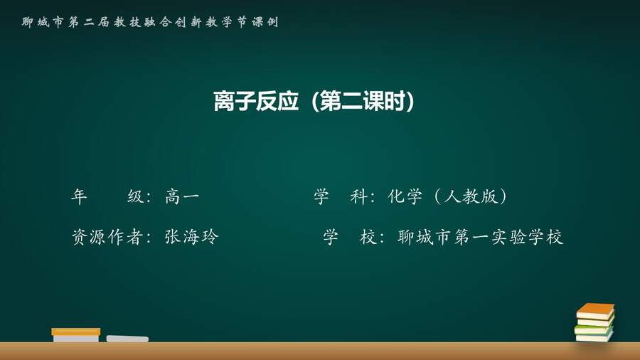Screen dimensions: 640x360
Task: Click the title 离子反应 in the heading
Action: pyautogui.click(x=256, y=101)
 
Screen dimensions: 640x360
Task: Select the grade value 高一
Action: pyautogui.click(x=182, y=197)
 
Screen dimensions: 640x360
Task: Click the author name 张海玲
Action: pyautogui.click(x=191, y=237)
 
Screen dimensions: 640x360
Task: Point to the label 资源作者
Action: pyautogui.click(x=107, y=237)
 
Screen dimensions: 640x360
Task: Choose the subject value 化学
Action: pyautogui.click(x=405, y=197)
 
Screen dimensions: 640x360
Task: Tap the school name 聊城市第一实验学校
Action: pyautogui.click(x=481, y=237)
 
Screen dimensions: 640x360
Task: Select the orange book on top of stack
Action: pyautogui.click(x=595, y=312)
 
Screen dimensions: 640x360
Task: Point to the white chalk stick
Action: pyautogui.click(x=127, y=339)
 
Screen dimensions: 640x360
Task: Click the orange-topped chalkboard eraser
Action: pyautogui.click(x=76, y=334)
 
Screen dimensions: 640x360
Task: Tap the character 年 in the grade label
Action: pyautogui.click(x=79, y=197)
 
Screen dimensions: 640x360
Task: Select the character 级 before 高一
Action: pyautogui.click(x=135, y=197)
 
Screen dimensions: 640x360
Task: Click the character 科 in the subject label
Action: pyautogui.click(x=358, y=197)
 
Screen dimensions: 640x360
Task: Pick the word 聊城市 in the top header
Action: pyautogui.click(x=43, y=22)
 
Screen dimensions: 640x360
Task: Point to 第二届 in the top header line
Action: pyautogui.click(x=89, y=22)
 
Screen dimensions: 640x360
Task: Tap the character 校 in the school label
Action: pyautogui.click(x=368, y=237)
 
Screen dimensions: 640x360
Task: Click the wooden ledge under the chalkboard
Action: pyautogui.click(x=320, y=351)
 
